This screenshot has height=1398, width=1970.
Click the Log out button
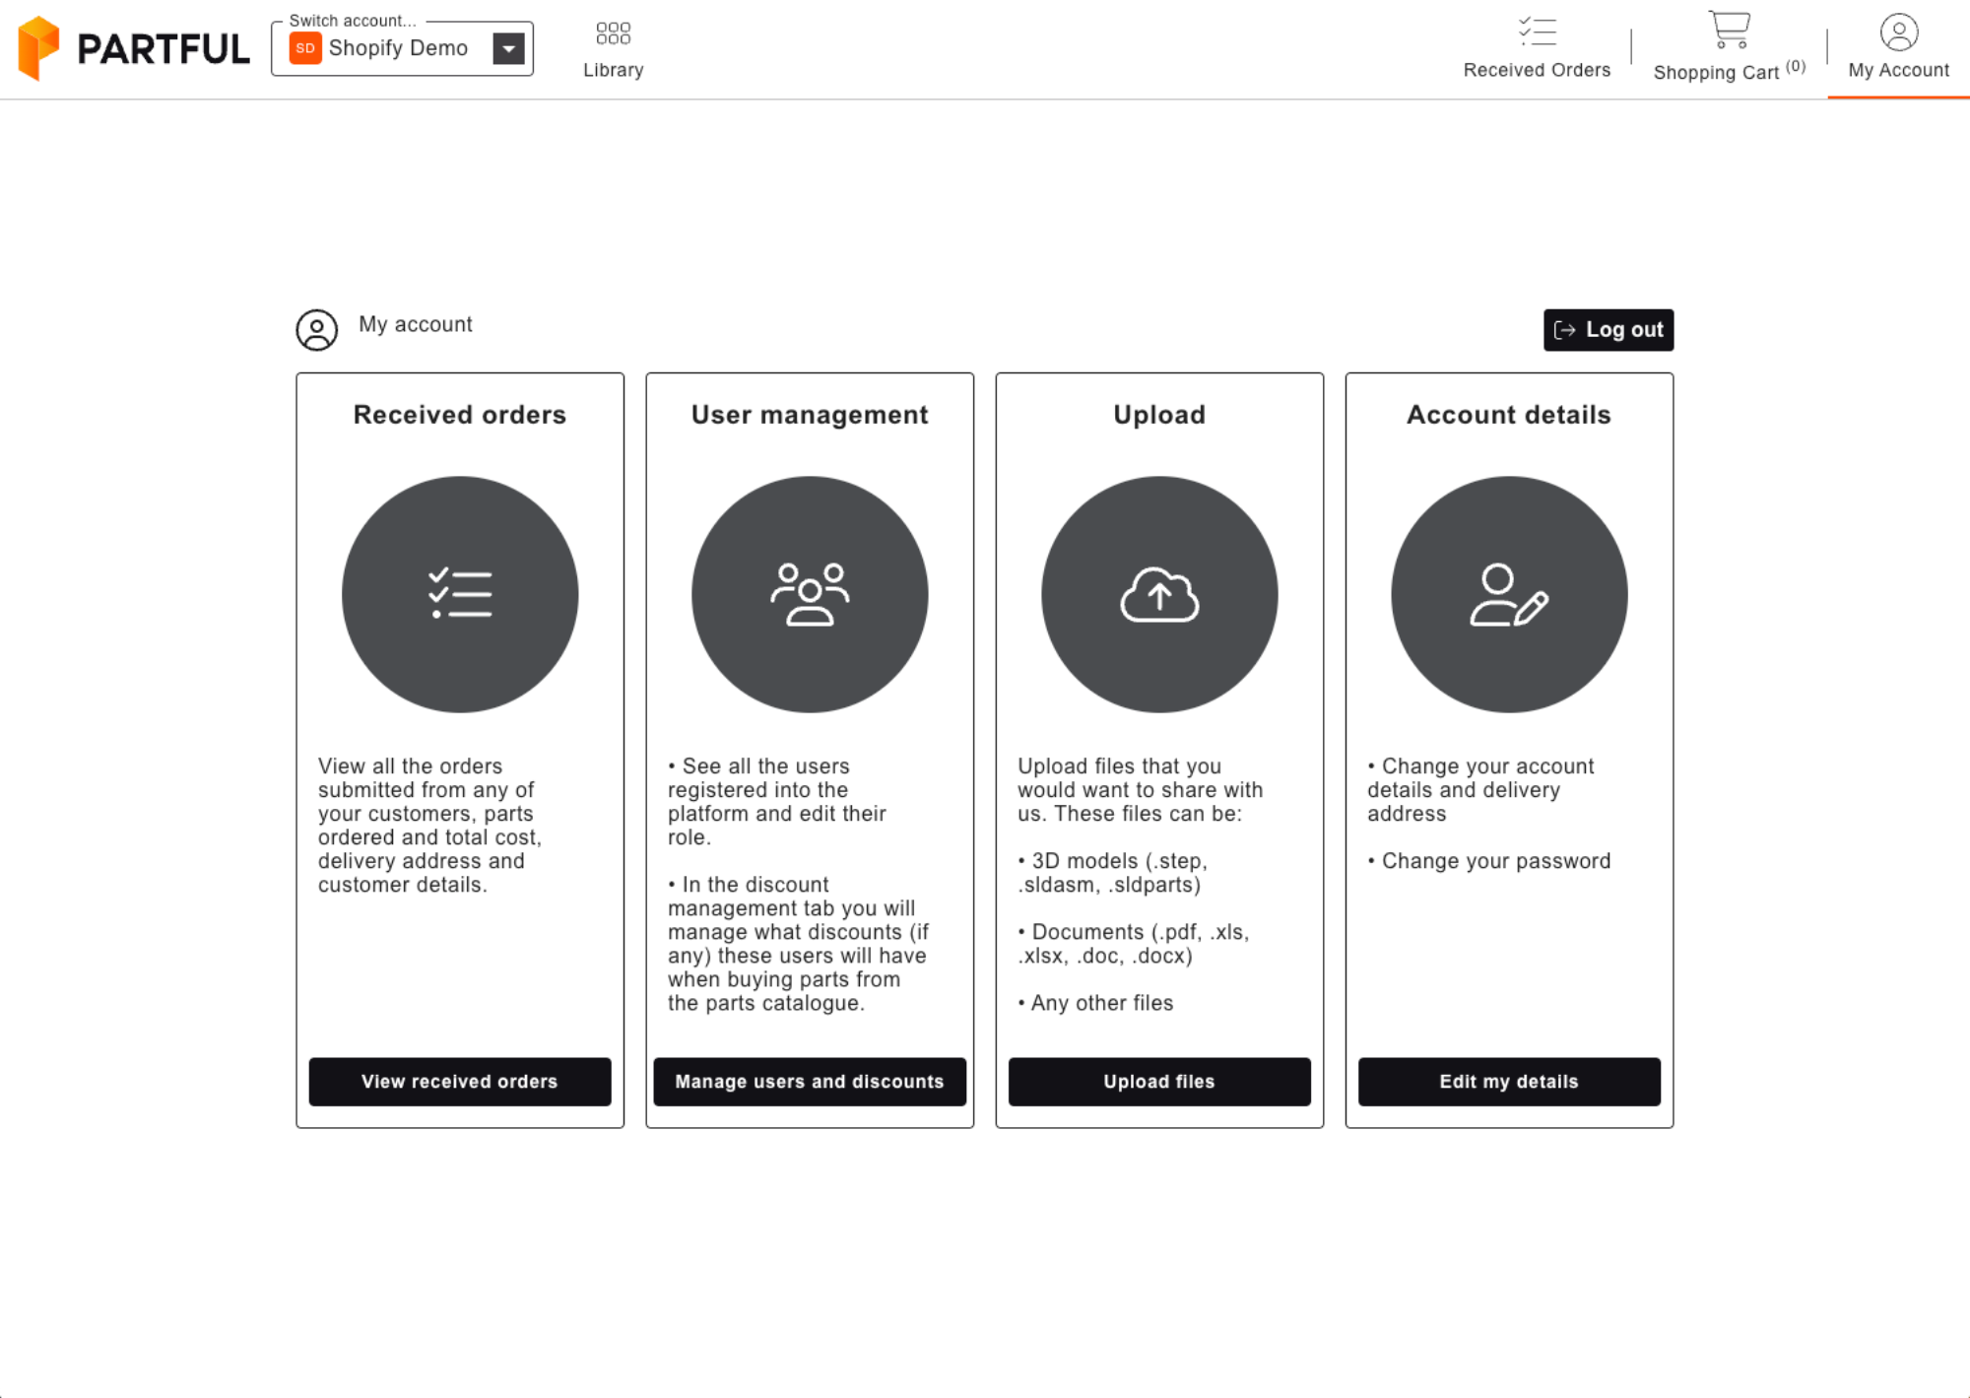point(1608,330)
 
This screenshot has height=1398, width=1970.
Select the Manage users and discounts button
point(809,1082)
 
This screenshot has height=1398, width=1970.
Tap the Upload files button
point(1158,1082)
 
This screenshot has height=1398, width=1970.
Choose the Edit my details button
point(1508,1082)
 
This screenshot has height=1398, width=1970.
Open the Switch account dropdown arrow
point(508,48)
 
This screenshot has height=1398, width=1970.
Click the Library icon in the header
point(613,34)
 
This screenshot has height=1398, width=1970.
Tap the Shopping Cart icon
point(1729,30)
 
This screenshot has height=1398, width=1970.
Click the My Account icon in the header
point(1898,33)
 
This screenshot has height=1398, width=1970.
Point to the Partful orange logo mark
point(38,47)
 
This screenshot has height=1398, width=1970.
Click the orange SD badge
point(305,48)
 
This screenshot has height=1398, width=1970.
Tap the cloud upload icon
point(1159,594)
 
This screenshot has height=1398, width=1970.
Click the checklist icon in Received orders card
point(460,594)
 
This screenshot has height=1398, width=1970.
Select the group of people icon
point(810,594)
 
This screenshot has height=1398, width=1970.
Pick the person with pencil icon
point(1508,594)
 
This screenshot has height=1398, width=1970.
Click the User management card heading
point(809,415)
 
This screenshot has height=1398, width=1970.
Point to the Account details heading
point(1508,415)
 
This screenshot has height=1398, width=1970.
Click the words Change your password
point(1495,861)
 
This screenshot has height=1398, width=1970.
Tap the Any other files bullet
point(1101,1003)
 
